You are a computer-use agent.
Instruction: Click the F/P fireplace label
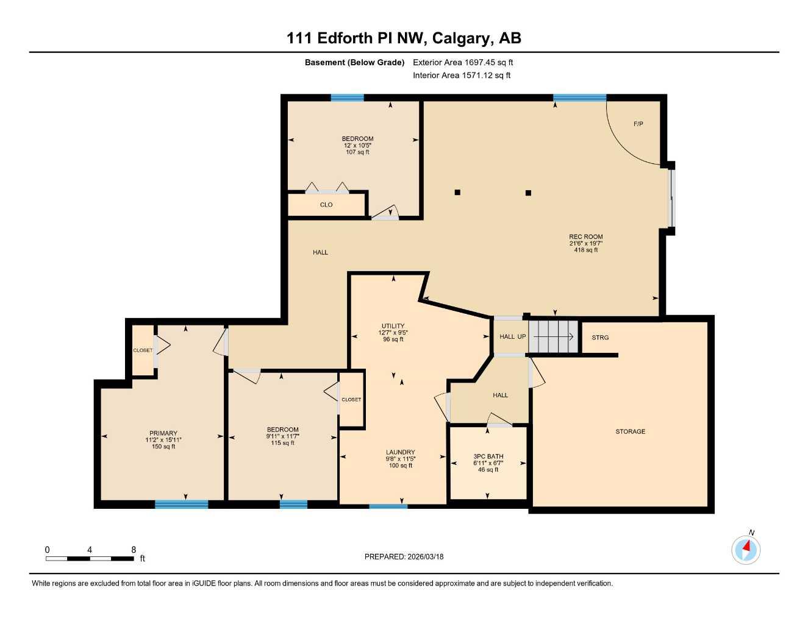(638, 124)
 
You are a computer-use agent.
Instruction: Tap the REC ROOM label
(585, 236)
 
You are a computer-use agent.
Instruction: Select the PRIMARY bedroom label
(163, 433)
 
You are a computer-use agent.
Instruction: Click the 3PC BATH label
(488, 456)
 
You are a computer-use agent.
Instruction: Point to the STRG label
(600, 337)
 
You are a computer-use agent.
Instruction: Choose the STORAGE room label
(630, 431)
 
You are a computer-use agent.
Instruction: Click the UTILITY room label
(393, 326)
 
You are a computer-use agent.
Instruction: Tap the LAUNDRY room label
(400, 452)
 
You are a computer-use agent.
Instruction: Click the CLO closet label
(326, 205)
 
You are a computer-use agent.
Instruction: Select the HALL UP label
(512, 336)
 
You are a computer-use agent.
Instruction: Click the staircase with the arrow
(553, 336)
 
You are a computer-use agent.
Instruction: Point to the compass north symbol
(746, 549)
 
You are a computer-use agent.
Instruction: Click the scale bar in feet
(90, 558)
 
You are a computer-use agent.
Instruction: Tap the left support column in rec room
(457, 193)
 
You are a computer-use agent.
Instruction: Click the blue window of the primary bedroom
(181, 504)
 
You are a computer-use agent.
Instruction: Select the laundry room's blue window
(388, 506)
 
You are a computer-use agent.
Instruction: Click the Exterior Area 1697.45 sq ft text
(463, 62)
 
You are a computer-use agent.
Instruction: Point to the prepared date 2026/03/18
(404, 556)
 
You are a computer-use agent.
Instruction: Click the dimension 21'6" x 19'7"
(585, 243)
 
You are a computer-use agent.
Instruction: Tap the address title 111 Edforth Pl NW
(404, 38)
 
